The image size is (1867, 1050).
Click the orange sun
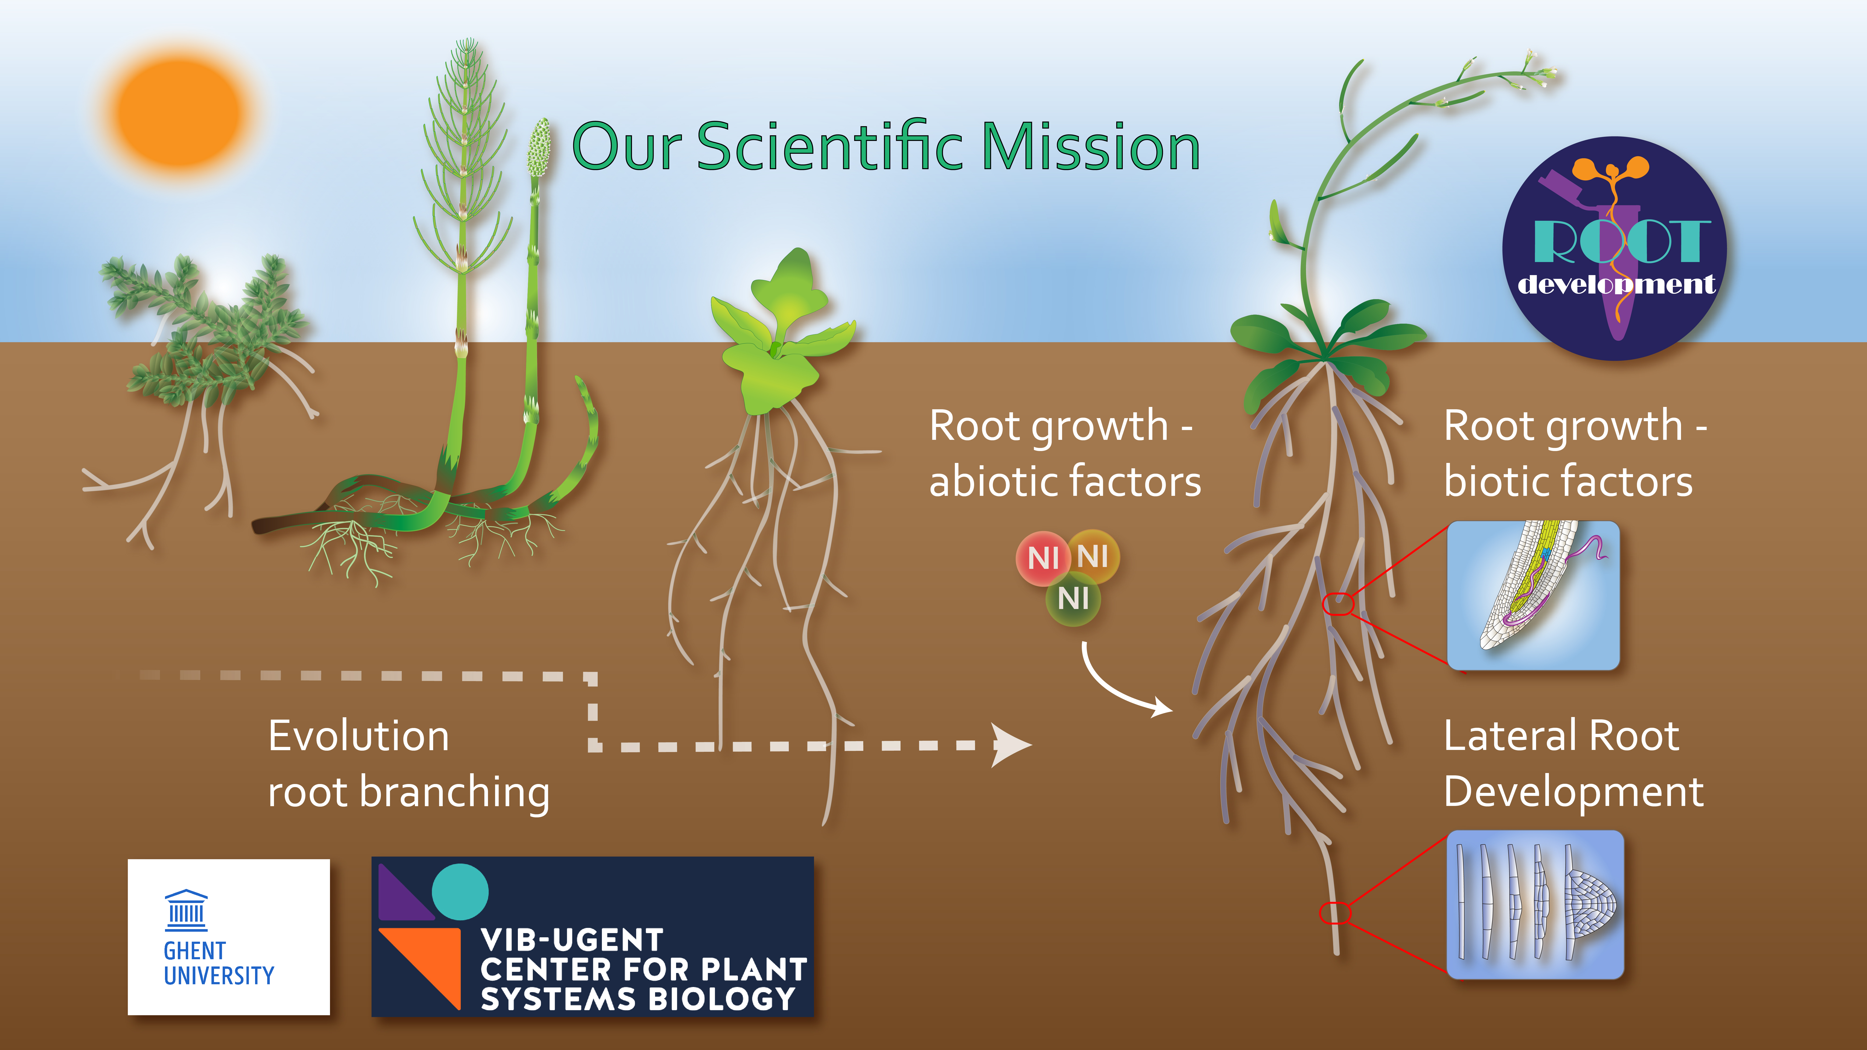[178, 112]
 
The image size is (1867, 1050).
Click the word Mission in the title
[1091, 147]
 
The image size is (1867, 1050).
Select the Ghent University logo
[228, 937]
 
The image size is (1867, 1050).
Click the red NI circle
[1043, 558]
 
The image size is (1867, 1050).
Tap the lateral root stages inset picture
[1535, 904]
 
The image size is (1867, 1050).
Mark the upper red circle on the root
[1339, 604]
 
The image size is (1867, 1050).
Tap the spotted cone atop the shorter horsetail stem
[538, 149]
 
